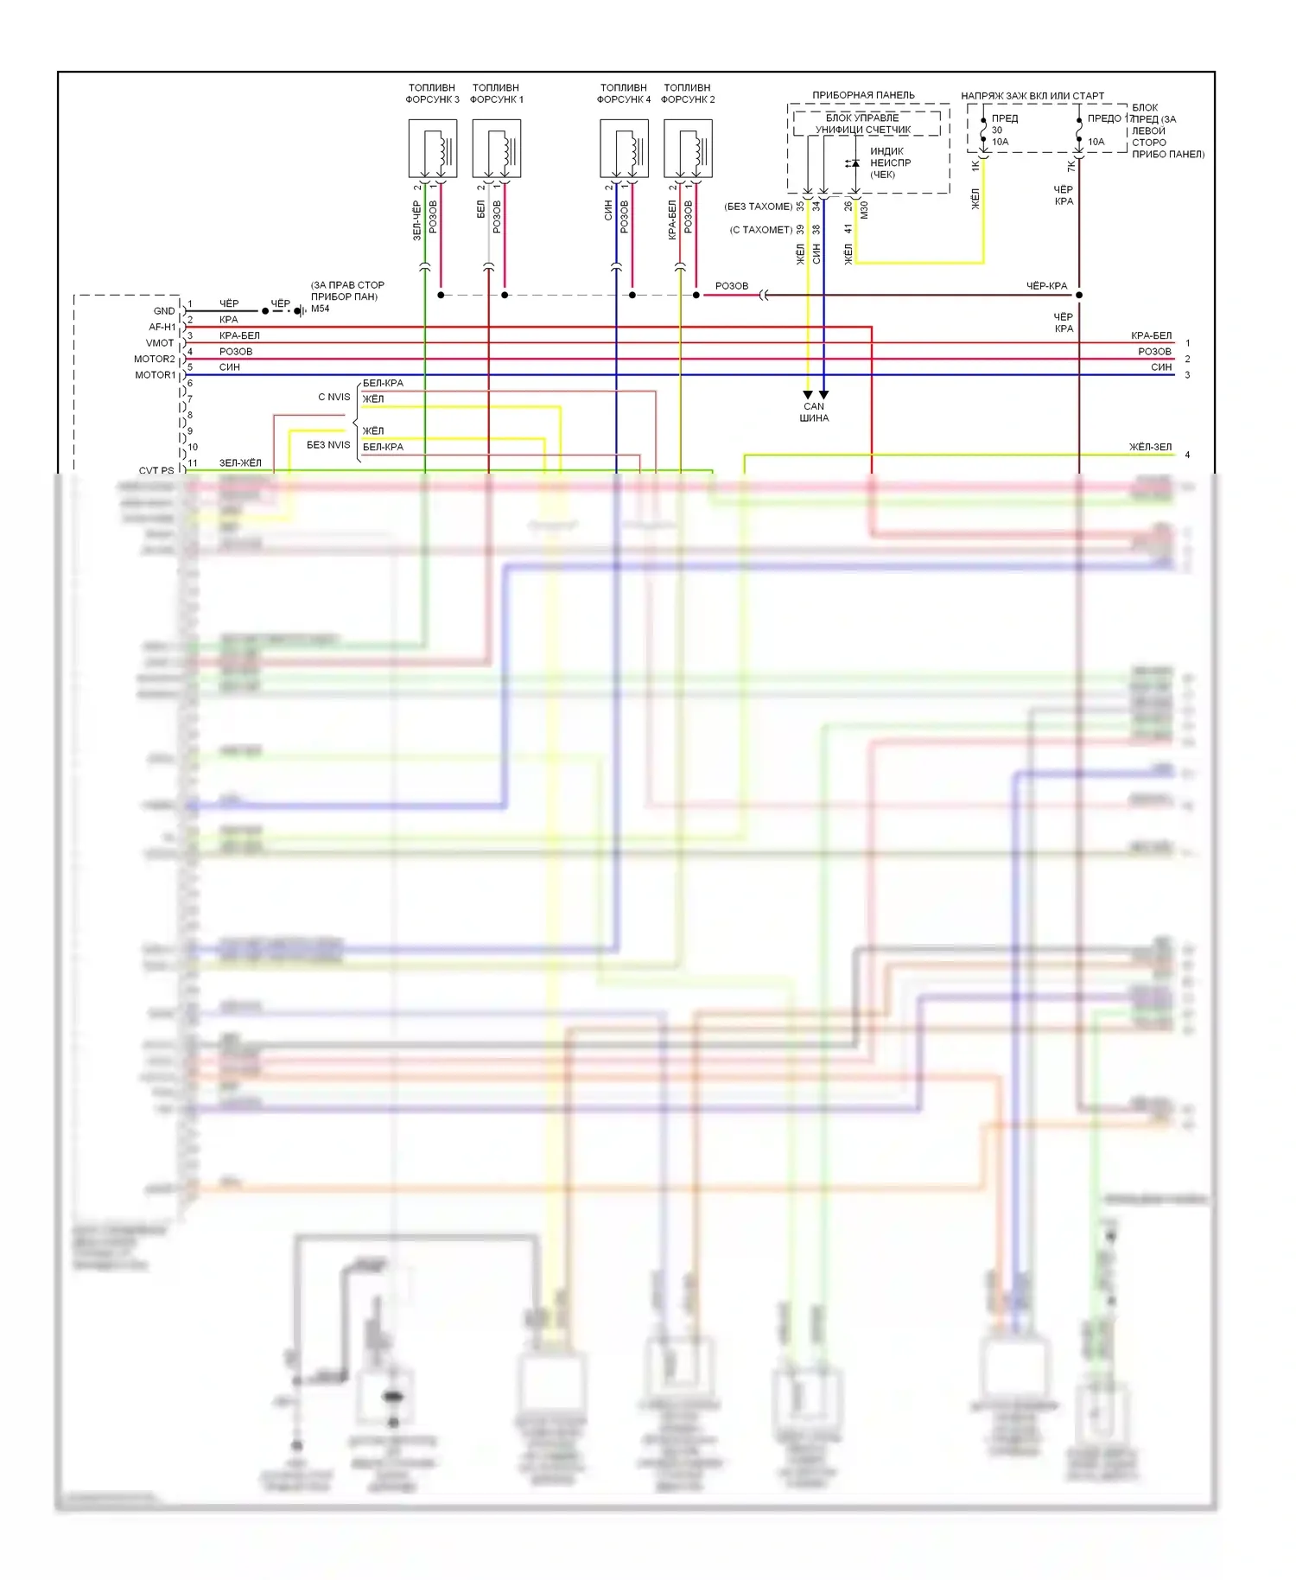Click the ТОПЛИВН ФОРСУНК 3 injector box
click(432, 149)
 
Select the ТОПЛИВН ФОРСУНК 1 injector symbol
click(496, 149)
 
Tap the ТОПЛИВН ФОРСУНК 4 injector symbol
click(624, 149)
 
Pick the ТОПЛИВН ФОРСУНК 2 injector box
click(688, 149)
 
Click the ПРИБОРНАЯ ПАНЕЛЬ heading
click(863, 95)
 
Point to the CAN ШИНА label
click(814, 412)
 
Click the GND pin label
click(164, 311)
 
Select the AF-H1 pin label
click(162, 327)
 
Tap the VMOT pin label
click(160, 343)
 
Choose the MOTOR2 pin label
click(155, 359)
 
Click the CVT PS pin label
click(156, 470)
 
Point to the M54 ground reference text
click(321, 309)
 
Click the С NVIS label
click(334, 398)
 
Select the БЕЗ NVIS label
click(328, 445)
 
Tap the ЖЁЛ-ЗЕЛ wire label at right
click(1150, 447)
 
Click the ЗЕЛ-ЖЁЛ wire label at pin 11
click(240, 463)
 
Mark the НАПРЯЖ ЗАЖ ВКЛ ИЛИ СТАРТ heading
click(1032, 96)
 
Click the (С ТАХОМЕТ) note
click(761, 230)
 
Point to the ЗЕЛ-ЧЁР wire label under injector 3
click(416, 221)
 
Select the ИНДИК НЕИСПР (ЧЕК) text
click(890, 162)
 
